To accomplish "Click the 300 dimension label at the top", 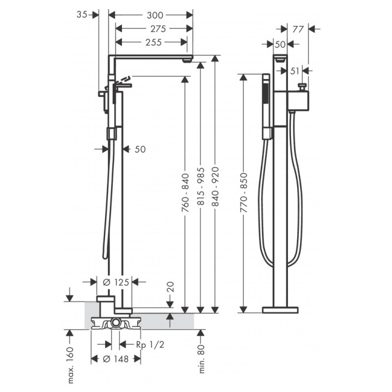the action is click(155, 15).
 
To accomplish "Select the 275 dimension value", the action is click(158, 29).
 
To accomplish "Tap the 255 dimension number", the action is click(154, 42).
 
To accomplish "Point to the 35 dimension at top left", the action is click(82, 15).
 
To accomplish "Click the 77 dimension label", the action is click(298, 29).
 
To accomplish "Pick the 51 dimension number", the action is click(295, 71).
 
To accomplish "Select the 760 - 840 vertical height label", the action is click(185, 193).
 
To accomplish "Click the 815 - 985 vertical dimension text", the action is click(201, 187).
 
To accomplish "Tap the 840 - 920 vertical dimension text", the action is click(215, 187).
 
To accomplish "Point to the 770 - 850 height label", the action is click(243, 193).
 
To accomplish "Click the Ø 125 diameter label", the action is click(116, 282).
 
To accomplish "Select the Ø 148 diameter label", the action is click(116, 359).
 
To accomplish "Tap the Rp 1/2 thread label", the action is click(150, 345).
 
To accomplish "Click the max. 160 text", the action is click(71, 365).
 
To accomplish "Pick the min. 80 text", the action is click(202, 359).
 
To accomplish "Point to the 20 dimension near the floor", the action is click(170, 287).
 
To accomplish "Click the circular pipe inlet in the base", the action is click(115, 322).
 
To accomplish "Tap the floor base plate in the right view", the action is click(280, 310).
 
